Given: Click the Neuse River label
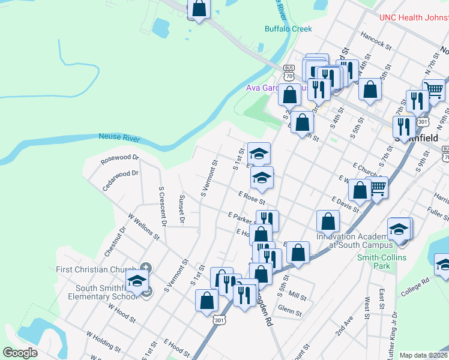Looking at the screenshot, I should (119, 138).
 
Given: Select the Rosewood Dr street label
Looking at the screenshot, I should (119, 160).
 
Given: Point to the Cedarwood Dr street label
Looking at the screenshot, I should (120, 180).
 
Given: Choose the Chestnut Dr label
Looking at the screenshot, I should (115, 242).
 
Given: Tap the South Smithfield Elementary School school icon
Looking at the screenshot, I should (137, 281).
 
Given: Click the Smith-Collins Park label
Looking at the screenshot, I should (382, 262).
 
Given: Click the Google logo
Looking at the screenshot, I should (20, 353).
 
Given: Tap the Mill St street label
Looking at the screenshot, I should (297, 296).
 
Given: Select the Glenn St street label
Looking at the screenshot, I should (289, 311).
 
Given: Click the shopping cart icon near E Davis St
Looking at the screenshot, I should (377, 188).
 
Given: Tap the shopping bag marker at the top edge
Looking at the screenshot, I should (199, 8).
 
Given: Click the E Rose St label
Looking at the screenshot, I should (252, 197).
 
